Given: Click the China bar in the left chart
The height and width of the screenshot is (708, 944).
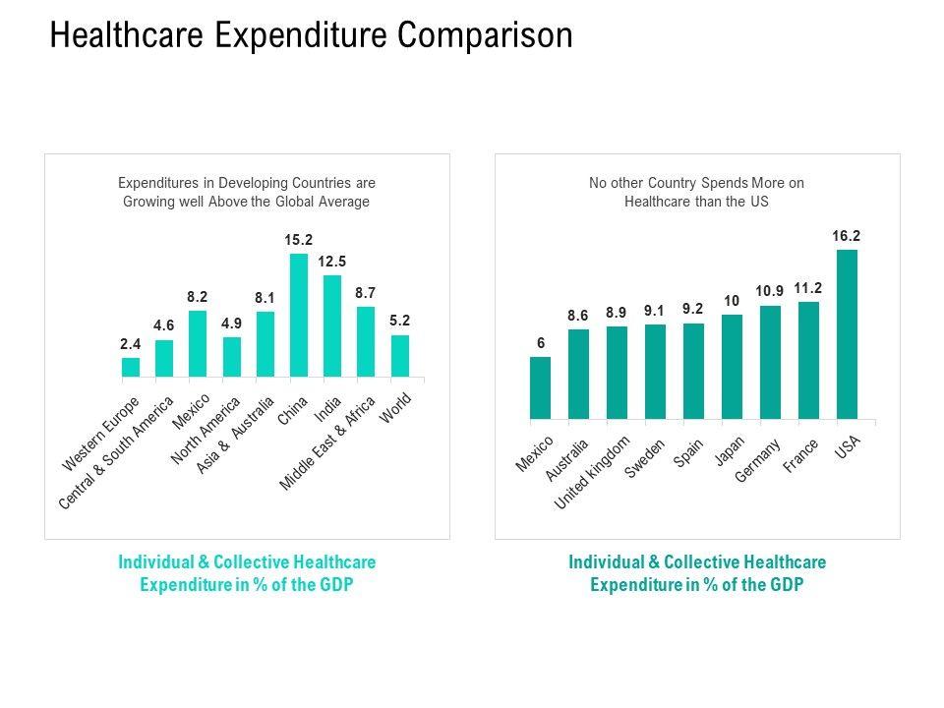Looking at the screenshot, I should coord(298,315).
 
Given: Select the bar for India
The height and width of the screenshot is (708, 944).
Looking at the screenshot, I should coord(332,325).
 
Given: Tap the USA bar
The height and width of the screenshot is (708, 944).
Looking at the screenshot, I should coord(847,334).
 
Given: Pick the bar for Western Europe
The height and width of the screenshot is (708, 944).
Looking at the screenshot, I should coord(131,367).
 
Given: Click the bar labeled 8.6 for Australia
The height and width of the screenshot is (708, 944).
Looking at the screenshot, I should coord(578,374).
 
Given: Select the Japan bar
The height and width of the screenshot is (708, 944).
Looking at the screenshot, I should coord(732,367).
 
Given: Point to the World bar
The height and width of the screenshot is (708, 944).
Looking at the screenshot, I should coord(400,356).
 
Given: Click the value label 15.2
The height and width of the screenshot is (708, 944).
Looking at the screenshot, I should coord(298,239).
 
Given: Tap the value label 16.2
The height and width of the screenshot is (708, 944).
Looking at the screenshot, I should coord(847,235).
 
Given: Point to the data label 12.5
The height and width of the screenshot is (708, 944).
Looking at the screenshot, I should coord(332,261).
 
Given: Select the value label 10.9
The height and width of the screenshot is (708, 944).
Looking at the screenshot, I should coord(770,291).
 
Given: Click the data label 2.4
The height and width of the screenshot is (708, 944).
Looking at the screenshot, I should coord(131,343).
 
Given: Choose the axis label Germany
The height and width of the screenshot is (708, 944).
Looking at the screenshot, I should coord(759,459).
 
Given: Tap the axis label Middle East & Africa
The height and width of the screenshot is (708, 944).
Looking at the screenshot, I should coord(329,443).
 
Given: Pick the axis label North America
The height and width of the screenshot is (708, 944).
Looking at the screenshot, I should coord(206,434).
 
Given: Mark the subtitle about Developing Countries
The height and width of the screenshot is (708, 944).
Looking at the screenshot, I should coord(247,192).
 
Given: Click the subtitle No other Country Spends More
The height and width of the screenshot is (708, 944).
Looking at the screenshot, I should coord(696,192).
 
